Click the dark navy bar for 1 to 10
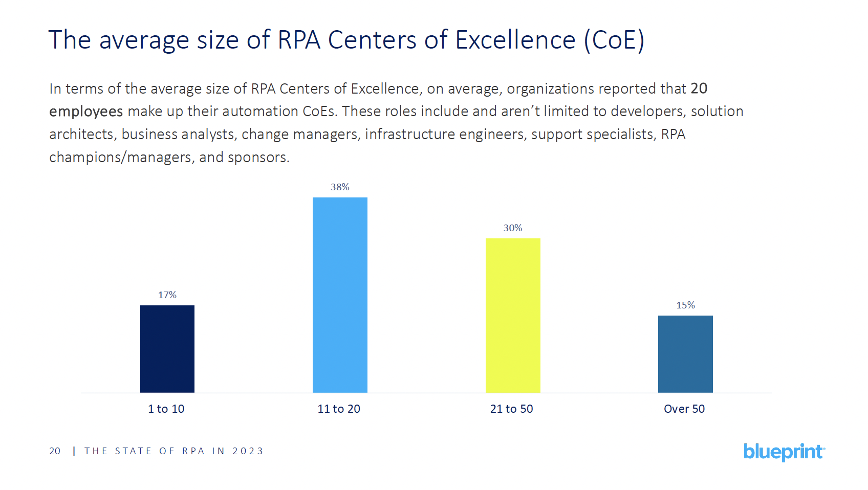(x=167, y=349)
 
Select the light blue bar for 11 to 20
(x=340, y=295)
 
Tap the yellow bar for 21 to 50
(x=513, y=316)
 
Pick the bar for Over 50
(x=685, y=354)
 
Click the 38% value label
(x=340, y=187)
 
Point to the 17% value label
(x=167, y=295)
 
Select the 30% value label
(x=513, y=228)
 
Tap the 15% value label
(x=685, y=305)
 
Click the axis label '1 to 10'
(x=166, y=409)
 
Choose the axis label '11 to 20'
(x=339, y=409)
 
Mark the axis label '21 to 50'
(x=512, y=409)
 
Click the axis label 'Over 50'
(x=684, y=409)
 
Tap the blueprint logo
(x=784, y=452)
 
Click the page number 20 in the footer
(x=55, y=451)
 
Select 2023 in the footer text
(x=248, y=451)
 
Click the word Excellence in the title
(x=515, y=40)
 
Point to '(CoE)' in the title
(x=614, y=40)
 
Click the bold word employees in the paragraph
(x=86, y=112)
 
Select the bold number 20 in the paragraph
(x=699, y=88)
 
